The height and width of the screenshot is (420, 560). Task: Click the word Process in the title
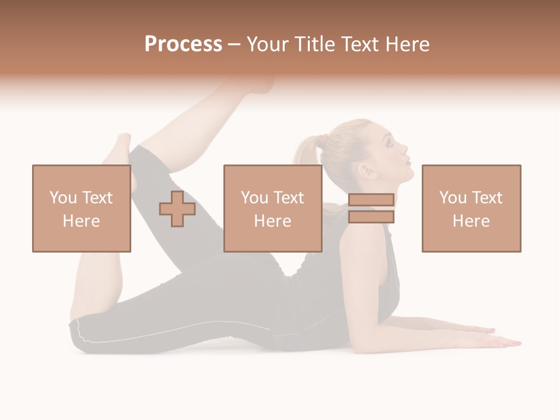tap(183, 44)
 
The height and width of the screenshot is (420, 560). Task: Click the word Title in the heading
tap(315, 44)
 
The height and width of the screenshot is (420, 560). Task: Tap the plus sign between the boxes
tap(177, 208)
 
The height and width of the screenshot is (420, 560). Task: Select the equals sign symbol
tap(371, 208)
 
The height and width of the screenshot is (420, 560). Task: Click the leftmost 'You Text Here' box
tap(82, 208)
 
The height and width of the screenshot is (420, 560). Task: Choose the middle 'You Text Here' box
tap(273, 208)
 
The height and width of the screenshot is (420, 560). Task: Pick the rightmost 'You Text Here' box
tap(471, 208)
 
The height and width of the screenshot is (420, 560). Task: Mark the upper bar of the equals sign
tap(371, 200)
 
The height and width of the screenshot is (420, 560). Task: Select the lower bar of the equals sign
tap(371, 216)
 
